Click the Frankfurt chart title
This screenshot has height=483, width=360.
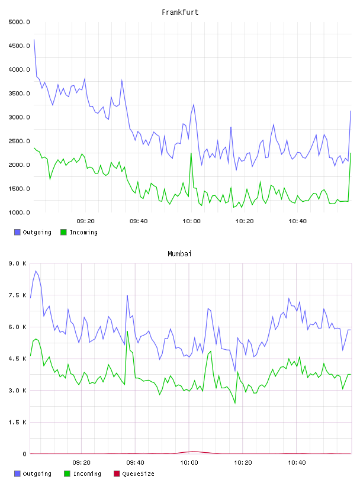180,12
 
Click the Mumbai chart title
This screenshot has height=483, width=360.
179,253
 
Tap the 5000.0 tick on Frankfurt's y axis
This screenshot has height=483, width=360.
19,22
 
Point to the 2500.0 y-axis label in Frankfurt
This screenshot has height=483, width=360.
19,141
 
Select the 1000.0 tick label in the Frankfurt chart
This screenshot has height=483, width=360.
19,212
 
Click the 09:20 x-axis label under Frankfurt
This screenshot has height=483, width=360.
85,221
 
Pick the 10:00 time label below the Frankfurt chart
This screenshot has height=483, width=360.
191,221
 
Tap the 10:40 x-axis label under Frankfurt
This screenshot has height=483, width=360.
297,221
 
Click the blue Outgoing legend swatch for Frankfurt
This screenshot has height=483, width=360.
17,232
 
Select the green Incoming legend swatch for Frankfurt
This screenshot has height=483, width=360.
63,232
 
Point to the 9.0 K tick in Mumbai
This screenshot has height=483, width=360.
18,263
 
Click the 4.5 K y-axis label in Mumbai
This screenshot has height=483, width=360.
18,359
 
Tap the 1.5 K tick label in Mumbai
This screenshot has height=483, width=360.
18,422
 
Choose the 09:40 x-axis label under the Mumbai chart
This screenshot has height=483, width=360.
135,462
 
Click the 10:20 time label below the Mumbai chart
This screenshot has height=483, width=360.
243,462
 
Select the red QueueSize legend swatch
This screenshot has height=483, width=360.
117,474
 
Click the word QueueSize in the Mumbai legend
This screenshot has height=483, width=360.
138,474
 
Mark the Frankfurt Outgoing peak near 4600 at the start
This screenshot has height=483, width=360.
34,40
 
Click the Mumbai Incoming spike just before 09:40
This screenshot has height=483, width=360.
127,331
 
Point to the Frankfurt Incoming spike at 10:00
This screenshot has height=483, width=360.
191,153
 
